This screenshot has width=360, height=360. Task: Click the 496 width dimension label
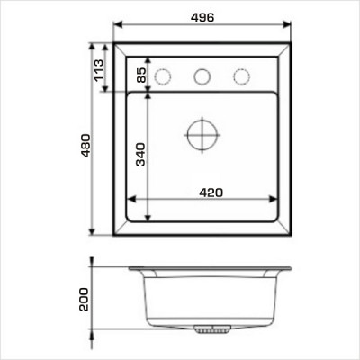click(x=202, y=17)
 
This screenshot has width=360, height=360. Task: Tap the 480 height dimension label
click(x=85, y=146)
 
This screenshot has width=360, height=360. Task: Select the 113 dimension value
click(x=99, y=70)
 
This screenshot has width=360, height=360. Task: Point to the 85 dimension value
click(x=141, y=75)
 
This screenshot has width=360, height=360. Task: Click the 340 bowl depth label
click(x=140, y=155)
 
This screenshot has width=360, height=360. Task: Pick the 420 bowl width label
click(x=211, y=193)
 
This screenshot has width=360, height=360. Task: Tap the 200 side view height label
click(x=84, y=299)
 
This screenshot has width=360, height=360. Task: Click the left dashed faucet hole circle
click(x=163, y=76)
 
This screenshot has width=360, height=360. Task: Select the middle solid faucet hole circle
click(x=202, y=76)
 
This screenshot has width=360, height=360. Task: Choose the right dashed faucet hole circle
click(x=241, y=76)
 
